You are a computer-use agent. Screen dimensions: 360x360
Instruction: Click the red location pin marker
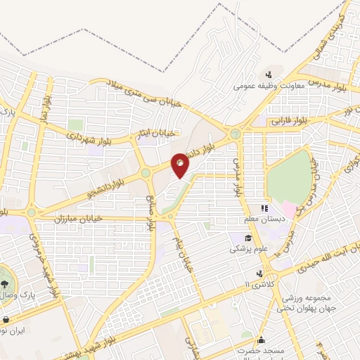pos(181,167)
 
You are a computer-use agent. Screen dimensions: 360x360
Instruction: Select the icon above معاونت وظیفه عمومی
pos(269,75)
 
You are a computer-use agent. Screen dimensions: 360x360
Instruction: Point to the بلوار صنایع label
pos(150,215)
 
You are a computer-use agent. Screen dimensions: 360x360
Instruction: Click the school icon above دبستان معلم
pos(265,208)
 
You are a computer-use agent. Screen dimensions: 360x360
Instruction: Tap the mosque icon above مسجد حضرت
pos(262,340)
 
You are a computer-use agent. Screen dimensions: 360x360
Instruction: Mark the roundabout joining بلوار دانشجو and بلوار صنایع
pos(146,172)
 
